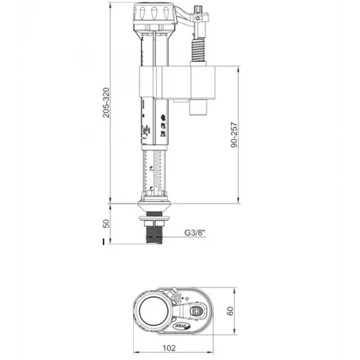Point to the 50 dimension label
pos(106,224)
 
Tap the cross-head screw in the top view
pos(199,311)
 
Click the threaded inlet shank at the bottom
pos(154,233)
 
